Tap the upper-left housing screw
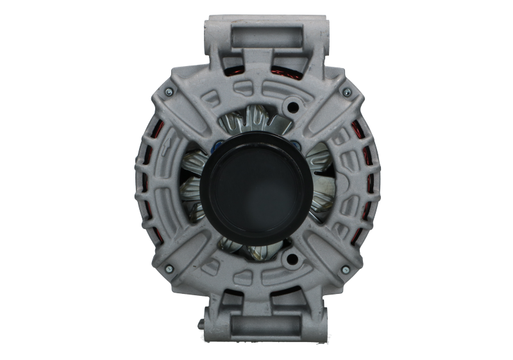(167, 94)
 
